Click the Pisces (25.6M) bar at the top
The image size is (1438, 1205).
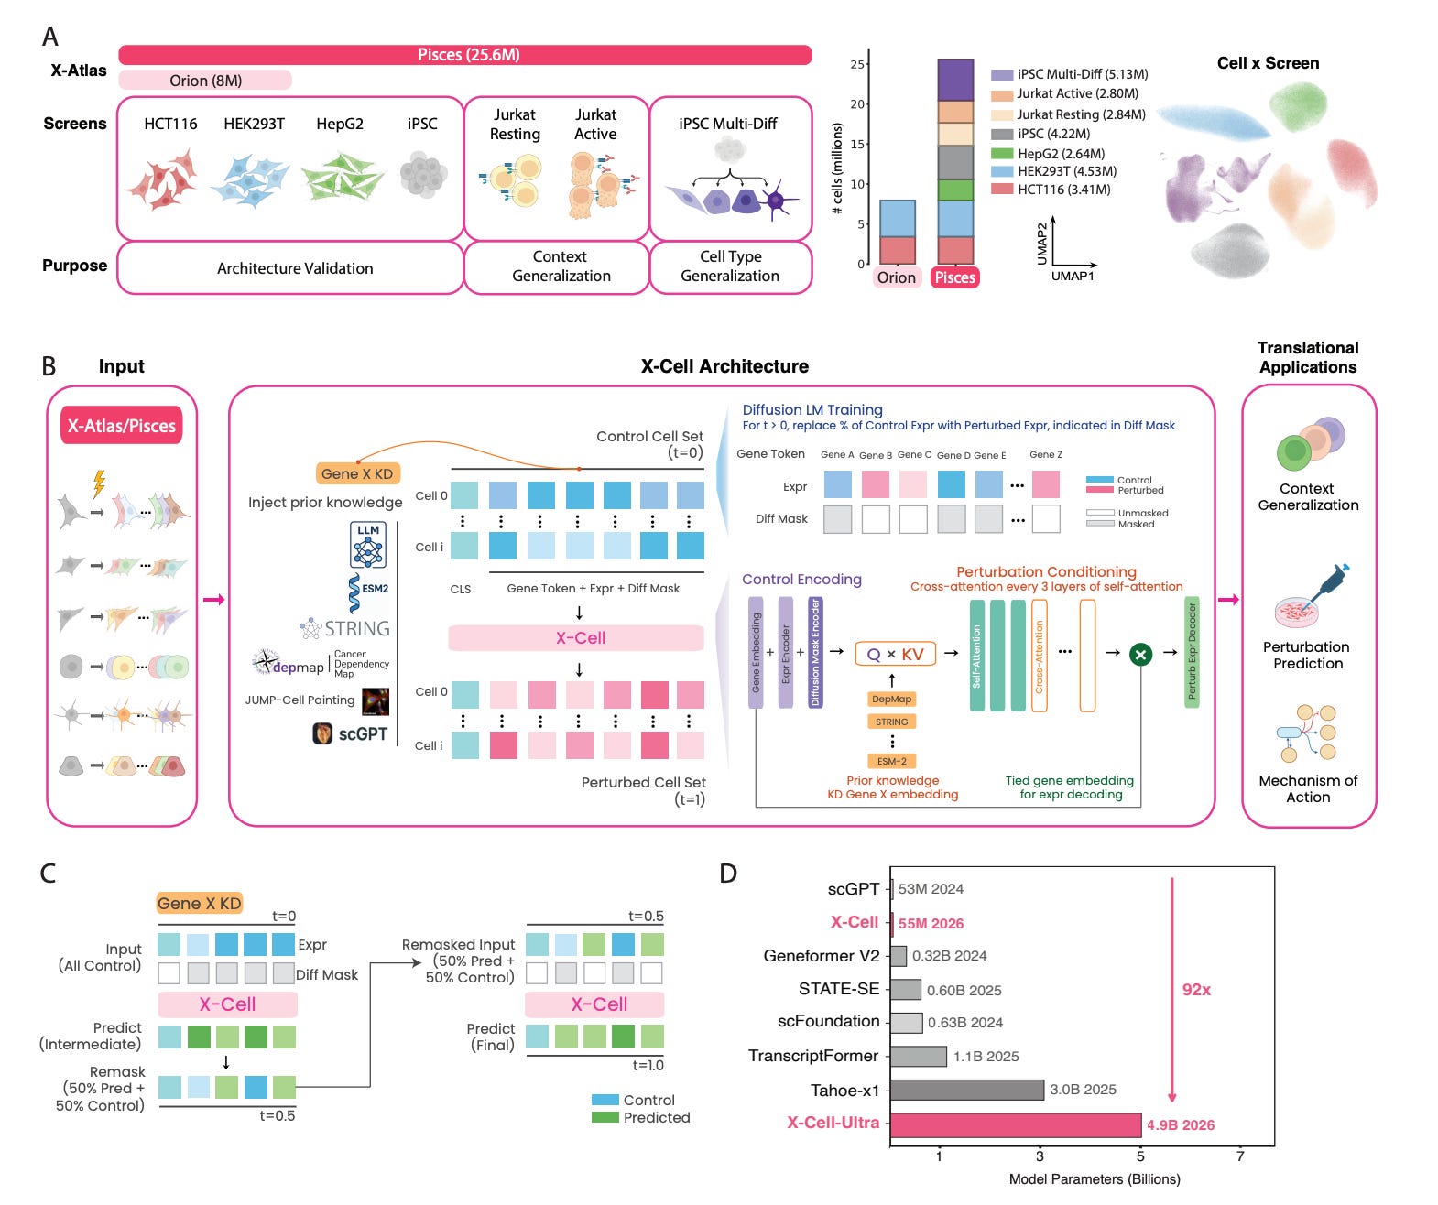point(465,55)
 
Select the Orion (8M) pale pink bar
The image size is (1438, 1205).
point(205,81)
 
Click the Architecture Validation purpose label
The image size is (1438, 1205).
point(295,268)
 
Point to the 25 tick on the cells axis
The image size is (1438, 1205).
point(857,64)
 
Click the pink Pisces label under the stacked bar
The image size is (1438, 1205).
point(954,277)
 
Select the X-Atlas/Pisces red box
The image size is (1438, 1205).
point(122,426)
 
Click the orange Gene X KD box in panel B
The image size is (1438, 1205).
point(357,473)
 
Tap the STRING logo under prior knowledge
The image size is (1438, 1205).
point(346,628)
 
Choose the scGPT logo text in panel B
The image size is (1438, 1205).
point(351,733)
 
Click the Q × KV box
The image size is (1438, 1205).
point(896,654)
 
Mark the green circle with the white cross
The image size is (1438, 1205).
point(1140,654)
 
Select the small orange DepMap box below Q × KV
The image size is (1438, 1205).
point(891,699)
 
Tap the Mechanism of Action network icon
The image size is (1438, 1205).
point(1308,733)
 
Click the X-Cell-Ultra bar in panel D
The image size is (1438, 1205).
point(1015,1124)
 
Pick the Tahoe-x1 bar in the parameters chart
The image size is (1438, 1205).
point(966,1090)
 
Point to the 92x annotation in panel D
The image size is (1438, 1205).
point(1196,990)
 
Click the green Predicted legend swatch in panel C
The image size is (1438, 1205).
point(605,1117)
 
